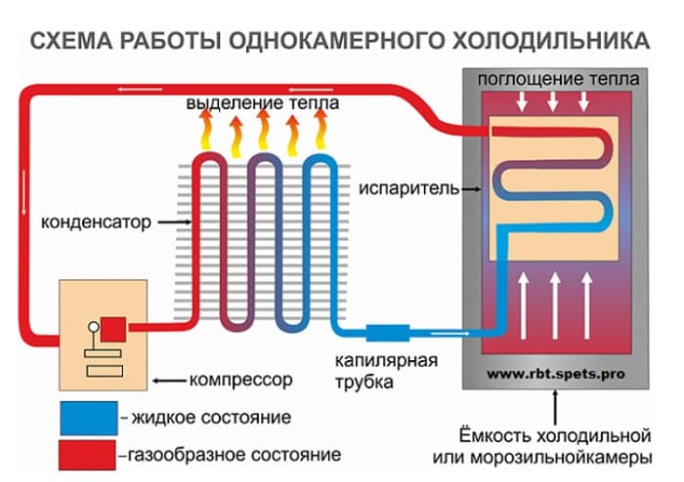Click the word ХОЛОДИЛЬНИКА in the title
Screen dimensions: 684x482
(x=551, y=41)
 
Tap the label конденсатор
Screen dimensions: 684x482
(x=96, y=222)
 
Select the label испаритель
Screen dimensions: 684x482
(x=409, y=189)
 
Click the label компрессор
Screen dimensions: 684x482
(x=240, y=381)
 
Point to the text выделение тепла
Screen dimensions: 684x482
(x=263, y=103)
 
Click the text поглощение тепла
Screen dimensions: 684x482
(x=558, y=79)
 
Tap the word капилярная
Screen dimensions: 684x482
(x=386, y=361)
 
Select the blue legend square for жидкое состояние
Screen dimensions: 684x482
(x=89, y=418)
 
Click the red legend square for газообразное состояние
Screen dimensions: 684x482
(x=88, y=455)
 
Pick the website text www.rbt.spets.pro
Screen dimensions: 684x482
(x=556, y=374)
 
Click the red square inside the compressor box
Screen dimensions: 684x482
(x=113, y=329)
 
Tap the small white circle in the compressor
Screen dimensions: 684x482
(x=94, y=327)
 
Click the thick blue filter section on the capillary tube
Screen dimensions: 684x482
(x=388, y=333)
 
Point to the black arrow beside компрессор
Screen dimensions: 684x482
(x=169, y=381)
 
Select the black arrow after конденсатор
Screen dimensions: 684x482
(x=175, y=222)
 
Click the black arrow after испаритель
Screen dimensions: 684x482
(x=472, y=189)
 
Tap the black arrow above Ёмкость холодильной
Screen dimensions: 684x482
(x=555, y=408)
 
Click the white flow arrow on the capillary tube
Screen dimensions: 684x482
(x=449, y=334)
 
